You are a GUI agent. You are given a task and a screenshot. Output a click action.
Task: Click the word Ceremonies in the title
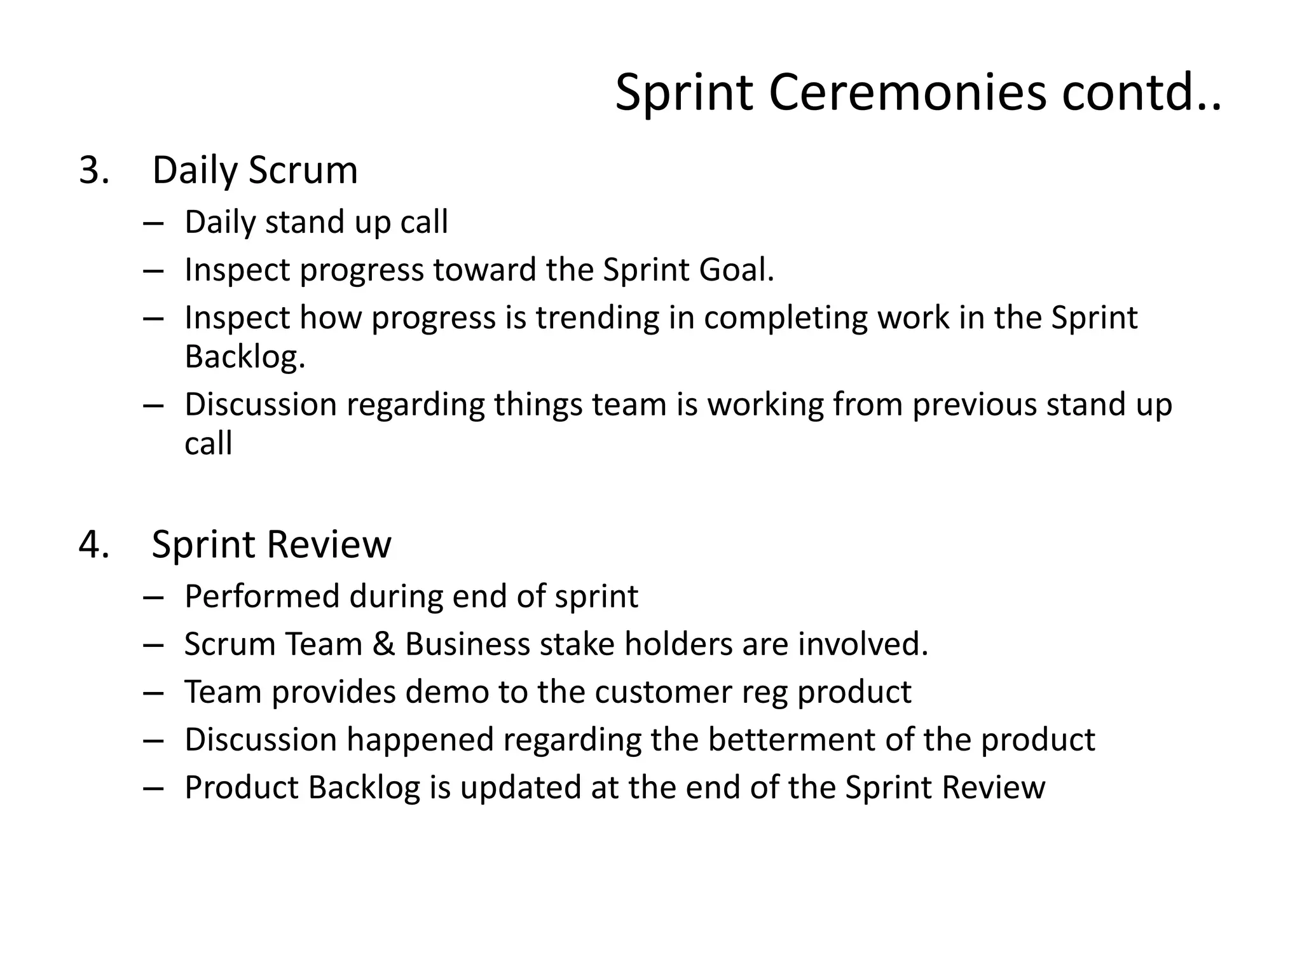907,93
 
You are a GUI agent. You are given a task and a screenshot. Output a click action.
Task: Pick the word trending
597,317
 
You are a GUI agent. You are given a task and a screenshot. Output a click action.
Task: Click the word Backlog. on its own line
245,356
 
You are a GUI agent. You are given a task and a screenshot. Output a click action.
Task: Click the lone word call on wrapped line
208,443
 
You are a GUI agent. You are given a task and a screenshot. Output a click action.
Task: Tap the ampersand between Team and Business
383,644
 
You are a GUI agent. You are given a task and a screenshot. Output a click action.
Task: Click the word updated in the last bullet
521,788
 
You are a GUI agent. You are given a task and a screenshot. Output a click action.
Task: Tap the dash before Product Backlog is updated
154,788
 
